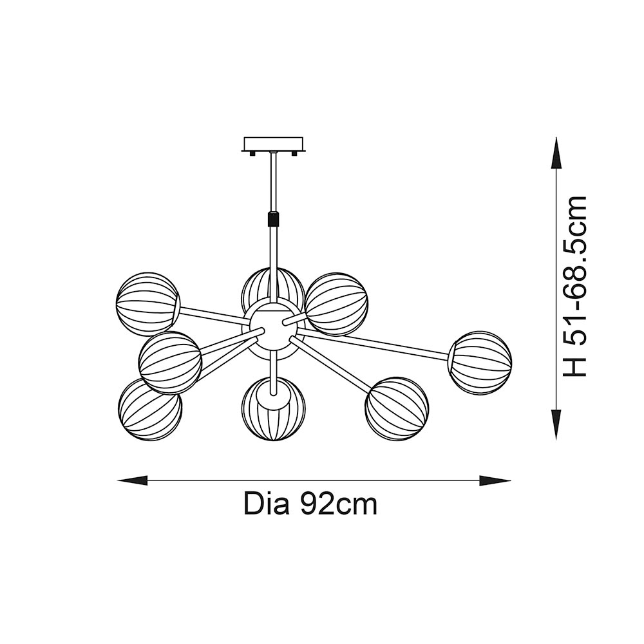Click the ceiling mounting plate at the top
click(273, 144)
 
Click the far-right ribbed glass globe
click(480, 363)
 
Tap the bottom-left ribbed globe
click(150, 409)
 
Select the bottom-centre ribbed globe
click(273, 409)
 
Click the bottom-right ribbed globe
click(396, 409)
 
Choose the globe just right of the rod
click(336, 304)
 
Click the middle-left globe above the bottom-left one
click(170, 363)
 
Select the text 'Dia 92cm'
click(310, 504)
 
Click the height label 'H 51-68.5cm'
click(575, 287)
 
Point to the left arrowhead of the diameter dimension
click(132, 480)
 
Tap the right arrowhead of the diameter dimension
click(496, 480)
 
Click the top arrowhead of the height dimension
click(556, 153)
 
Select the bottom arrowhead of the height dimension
click(556, 426)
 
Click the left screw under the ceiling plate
click(251, 154)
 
